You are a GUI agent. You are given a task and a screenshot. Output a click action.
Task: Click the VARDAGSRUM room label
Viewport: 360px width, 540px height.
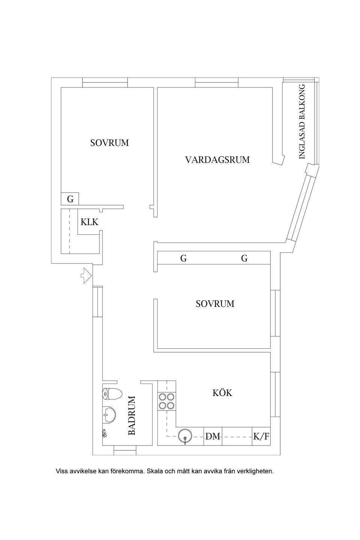tap(217, 160)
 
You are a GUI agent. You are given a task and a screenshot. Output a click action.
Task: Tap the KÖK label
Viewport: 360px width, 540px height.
tap(222, 393)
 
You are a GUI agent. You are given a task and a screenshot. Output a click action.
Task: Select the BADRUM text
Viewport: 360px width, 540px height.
tap(132, 415)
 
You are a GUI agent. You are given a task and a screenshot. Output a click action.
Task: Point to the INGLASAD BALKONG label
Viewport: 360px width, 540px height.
tap(303, 121)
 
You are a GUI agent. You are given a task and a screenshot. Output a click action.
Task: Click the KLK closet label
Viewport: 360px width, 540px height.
tap(89, 222)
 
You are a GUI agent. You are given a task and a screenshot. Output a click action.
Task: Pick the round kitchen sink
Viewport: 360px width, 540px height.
tap(185, 436)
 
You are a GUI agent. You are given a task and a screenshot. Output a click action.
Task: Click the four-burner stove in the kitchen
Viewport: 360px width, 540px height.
tap(166, 401)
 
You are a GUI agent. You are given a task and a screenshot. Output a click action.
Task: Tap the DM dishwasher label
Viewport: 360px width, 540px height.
tap(213, 436)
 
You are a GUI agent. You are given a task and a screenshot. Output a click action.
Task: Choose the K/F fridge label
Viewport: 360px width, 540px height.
tap(261, 436)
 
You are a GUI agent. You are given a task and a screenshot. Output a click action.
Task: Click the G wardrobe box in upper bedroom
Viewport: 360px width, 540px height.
tap(70, 199)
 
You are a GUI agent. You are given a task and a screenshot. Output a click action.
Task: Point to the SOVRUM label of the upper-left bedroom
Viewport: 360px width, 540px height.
tap(109, 143)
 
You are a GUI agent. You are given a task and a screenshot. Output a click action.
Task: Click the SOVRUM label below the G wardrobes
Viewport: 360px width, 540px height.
tap(215, 304)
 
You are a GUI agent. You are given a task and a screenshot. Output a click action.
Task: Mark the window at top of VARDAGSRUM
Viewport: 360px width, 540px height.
tap(217, 82)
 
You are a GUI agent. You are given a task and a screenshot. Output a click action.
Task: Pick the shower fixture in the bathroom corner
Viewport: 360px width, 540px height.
tap(104, 433)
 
